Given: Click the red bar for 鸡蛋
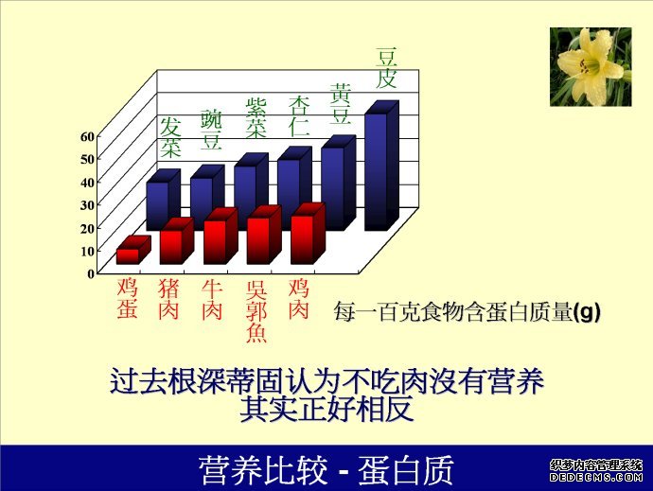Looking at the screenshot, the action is click(133, 251).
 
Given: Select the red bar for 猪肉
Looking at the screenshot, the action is click(177, 242).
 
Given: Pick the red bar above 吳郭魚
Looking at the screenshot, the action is click(264, 236).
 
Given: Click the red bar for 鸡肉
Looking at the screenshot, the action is click(308, 235).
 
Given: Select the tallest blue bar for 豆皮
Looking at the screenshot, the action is click(381, 167).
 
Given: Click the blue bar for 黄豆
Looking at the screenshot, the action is click(338, 184).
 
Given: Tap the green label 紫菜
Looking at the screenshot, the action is click(256, 118).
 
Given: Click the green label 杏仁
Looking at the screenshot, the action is click(299, 116).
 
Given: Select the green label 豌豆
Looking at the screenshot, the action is click(212, 130).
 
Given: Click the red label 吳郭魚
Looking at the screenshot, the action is click(256, 311).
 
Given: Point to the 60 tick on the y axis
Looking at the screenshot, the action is click(88, 136).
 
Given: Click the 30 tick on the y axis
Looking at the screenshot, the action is click(88, 205).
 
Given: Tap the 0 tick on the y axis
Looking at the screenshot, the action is click(91, 273).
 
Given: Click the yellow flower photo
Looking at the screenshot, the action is click(591, 66).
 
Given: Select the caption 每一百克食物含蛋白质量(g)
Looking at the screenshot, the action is click(467, 312).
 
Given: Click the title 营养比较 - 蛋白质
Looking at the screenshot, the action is click(326, 470).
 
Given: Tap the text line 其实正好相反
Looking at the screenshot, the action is click(326, 409).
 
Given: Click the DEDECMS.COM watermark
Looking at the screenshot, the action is click(596, 477).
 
